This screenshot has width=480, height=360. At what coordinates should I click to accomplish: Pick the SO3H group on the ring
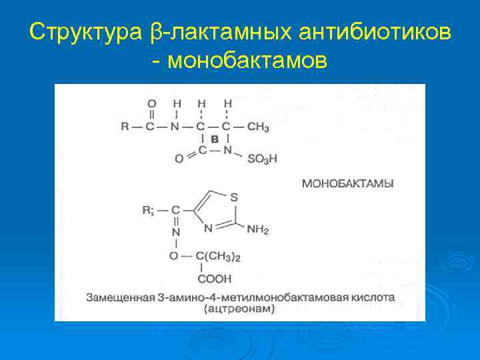[x=262, y=159]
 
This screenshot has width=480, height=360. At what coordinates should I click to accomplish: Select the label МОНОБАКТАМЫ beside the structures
[x=347, y=182]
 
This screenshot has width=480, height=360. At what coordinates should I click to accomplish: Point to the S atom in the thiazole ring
[x=233, y=197]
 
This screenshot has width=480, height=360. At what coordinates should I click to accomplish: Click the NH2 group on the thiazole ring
[x=257, y=230]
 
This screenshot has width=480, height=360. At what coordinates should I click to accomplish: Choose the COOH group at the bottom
[x=214, y=279]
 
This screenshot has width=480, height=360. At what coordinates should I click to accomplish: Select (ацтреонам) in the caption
[x=240, y=309]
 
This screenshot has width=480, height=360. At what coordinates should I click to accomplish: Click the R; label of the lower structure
[x=147, y=211]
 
